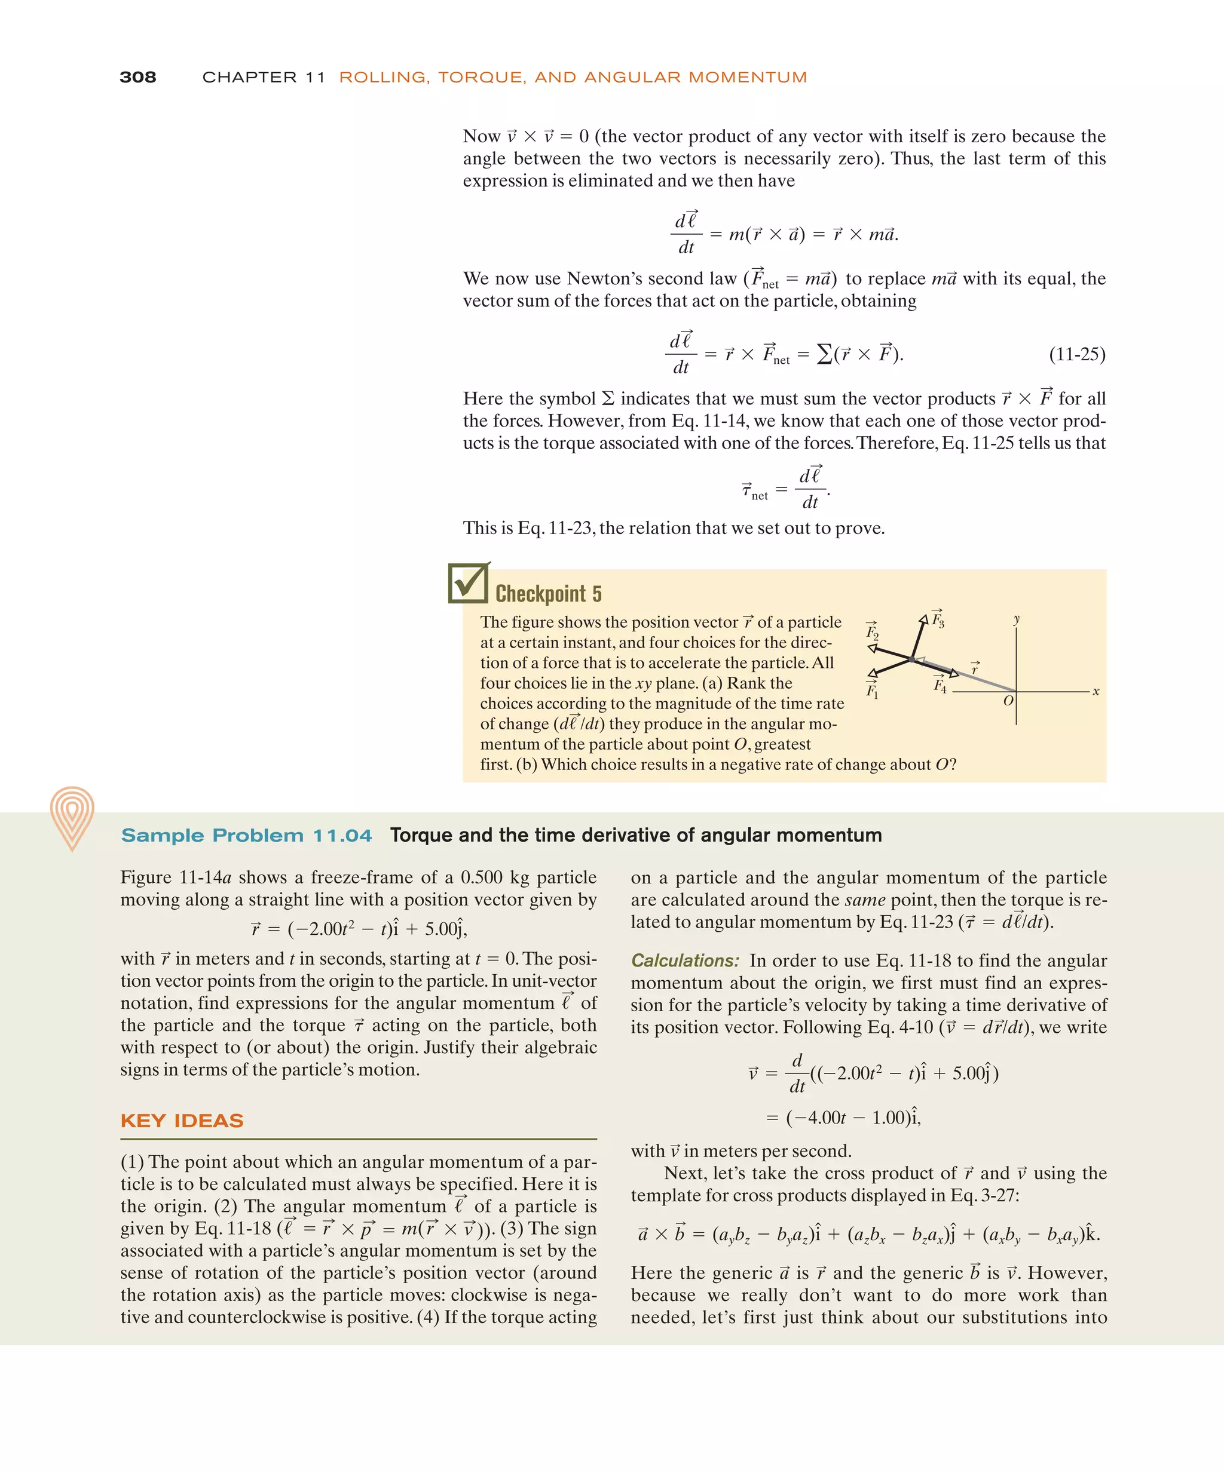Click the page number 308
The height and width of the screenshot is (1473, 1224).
coord(137,77)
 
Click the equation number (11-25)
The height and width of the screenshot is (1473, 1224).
coord(1076,354)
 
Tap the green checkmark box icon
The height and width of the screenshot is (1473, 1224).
coord(468,583)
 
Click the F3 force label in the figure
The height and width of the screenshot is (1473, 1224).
coord(938,619)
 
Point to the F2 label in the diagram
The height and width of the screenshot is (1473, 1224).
coord(871,631)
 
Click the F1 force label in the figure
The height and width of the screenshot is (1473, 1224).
coord(871,690)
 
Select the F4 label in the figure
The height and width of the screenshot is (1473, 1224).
coord(940,685)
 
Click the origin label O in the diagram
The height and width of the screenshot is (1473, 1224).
coord(1008,701)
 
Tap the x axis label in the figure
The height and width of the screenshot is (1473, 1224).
coord(1096,692)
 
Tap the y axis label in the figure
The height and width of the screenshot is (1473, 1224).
coord(1016,619)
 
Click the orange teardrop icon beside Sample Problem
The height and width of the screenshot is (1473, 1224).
coord(72,817)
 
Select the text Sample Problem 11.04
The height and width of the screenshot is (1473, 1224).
coord(246,836)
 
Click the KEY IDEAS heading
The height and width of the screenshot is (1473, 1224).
coord(182,1120)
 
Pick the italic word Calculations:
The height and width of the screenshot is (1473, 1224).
coord(685,960)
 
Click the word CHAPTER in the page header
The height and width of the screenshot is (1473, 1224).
coord(250,77)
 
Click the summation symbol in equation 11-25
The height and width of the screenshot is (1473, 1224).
coord(825,354)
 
